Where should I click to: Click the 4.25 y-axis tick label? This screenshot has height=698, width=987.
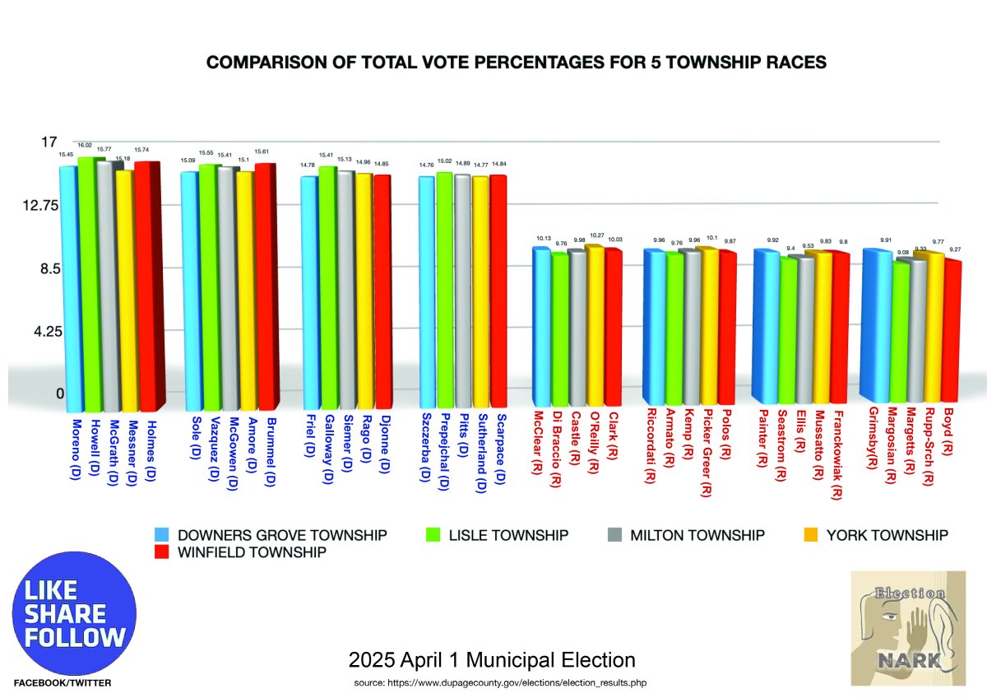(x=38, y=332)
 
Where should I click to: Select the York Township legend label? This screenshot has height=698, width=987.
(x=887, y=535)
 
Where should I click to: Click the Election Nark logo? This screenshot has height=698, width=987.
(x=908, y=627)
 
